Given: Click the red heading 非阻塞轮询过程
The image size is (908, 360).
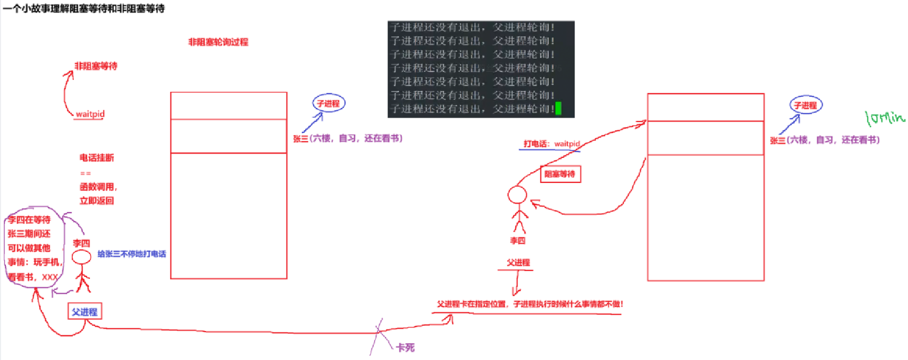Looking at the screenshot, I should pos(218,42).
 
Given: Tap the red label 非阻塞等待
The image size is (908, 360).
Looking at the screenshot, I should pos(96,66).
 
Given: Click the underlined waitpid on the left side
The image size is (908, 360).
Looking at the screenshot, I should pos(90,114).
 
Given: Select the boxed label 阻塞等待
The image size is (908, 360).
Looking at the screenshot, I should pos(560,174).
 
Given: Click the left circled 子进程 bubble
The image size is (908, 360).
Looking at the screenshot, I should pos(328,103).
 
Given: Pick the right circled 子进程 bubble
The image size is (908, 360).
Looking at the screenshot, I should pos(805,105).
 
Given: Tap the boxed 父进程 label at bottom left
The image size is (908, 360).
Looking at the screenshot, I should pos(85,312).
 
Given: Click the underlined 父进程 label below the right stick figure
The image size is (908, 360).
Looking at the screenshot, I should pos(518,263).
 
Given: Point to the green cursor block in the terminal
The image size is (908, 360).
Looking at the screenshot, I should pos(558,109).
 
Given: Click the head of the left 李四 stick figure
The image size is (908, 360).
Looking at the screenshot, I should pos(82,257).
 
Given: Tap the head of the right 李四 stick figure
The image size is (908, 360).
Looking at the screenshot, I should pos(517,195).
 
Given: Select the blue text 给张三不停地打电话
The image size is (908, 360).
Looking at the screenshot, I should pos(132,254).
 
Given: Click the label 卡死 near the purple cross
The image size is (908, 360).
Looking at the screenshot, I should pos(405,348).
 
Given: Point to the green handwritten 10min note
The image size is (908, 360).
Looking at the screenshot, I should pos(885,118).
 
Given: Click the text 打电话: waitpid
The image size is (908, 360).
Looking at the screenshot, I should pos(552,144).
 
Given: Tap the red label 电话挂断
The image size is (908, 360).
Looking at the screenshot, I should pos(97,157).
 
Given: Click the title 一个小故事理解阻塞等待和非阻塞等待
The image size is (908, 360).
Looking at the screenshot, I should pos(84,8).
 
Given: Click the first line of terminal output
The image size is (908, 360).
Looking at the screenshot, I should pos(472,28).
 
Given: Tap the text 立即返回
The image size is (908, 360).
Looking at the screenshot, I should pos(97,201).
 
